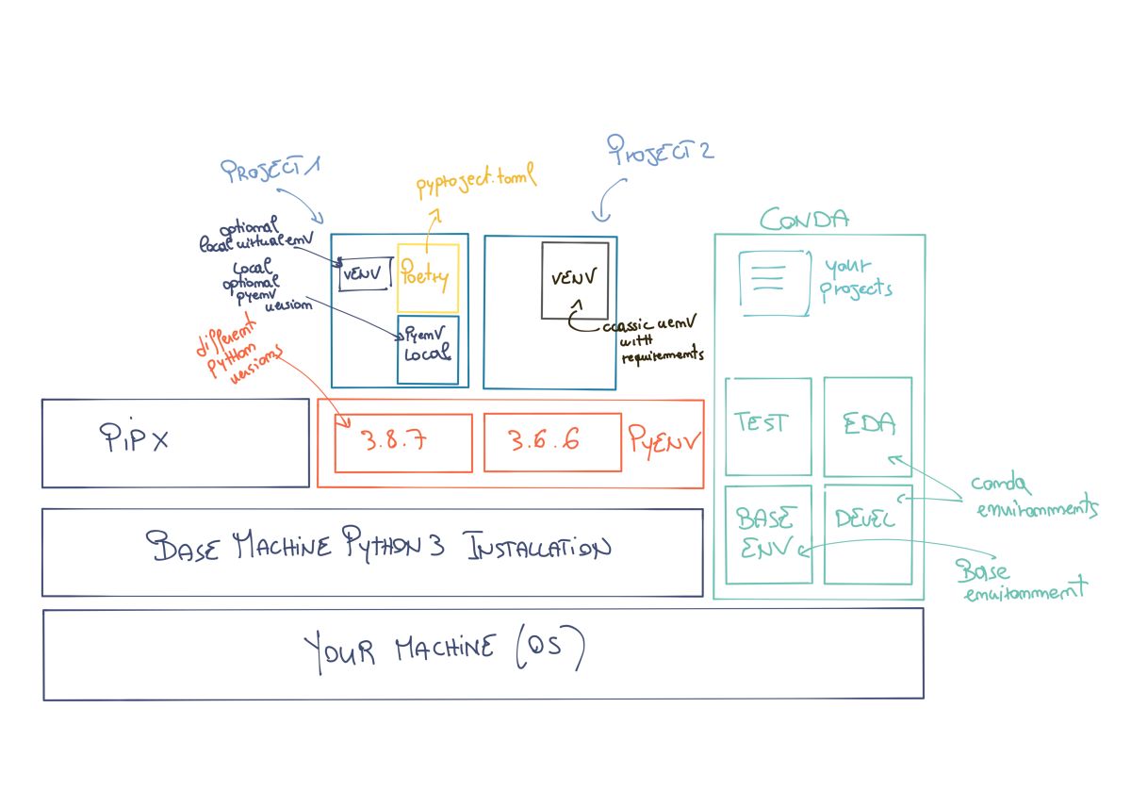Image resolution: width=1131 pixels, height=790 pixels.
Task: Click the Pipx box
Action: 175,442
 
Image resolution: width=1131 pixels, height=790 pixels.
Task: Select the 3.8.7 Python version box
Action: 403,442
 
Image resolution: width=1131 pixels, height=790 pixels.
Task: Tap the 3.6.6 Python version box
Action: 552,442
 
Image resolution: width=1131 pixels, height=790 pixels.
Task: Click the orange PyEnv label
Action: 664,438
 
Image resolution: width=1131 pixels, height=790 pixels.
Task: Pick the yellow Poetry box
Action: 428,278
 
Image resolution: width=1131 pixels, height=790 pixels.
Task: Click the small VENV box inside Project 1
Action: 363,273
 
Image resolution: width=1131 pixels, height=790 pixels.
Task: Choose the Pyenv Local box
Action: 428,349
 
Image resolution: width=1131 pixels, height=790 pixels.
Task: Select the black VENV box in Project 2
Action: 574,279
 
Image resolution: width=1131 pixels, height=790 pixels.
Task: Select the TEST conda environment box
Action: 767,426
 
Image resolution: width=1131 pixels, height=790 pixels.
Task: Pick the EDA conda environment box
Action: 867,426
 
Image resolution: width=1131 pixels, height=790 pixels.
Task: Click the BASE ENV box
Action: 767,535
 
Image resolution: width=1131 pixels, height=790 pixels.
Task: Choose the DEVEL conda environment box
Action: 867,535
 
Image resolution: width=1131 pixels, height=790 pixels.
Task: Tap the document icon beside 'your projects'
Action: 773,283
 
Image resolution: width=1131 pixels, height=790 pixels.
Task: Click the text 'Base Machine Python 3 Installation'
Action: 377,548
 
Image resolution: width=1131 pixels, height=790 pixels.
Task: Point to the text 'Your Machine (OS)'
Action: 443,650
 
